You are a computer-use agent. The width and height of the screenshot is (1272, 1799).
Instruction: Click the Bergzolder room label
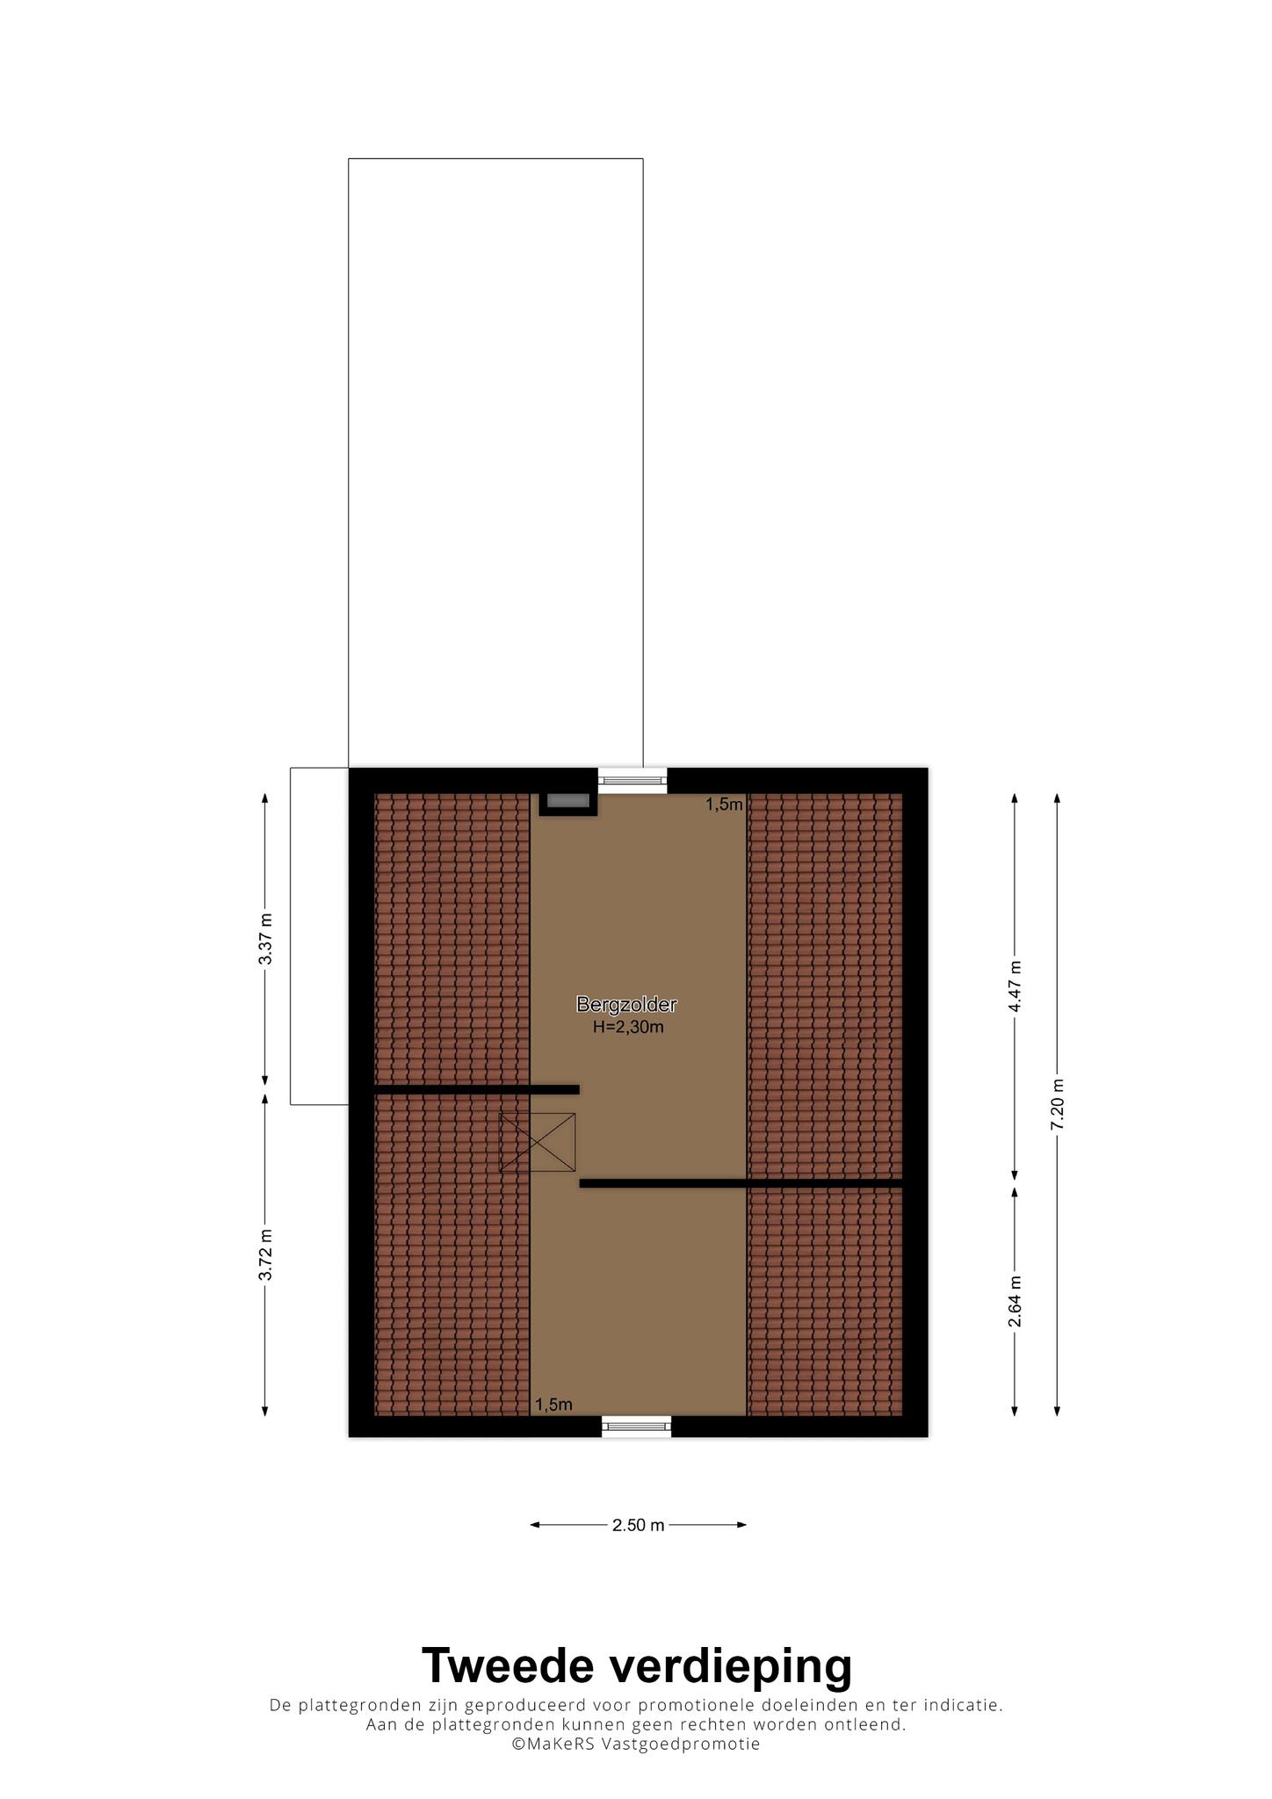coord(626,1004)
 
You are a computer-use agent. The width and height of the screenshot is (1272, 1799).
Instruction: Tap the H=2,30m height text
coord(627,1027)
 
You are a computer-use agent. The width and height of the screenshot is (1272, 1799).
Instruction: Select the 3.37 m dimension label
coord(265,939)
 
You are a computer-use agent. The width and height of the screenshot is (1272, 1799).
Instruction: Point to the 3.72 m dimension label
coord(265,1255)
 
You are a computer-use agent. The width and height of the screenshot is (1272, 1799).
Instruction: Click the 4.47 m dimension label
coord(1015,986)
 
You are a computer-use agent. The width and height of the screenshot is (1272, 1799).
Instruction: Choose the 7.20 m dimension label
coord(1057,1104)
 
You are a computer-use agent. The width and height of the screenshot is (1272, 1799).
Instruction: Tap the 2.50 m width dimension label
coord(639,1525)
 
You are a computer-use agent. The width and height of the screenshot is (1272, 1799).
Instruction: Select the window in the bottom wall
coord(637,1427)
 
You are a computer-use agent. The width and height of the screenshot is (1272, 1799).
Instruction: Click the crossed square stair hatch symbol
coord(538,1142)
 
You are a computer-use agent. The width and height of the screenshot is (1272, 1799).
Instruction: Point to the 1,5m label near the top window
coord(725,804)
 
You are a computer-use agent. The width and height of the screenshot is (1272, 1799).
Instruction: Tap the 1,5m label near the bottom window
coord(553,1405)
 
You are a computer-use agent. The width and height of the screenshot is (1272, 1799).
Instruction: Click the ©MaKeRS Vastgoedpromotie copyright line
coord(636,1744)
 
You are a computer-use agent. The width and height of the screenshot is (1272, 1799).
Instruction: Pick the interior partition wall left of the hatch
coord(477,1090)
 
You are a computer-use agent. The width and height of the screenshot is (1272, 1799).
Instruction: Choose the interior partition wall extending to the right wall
coord(741,1183)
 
